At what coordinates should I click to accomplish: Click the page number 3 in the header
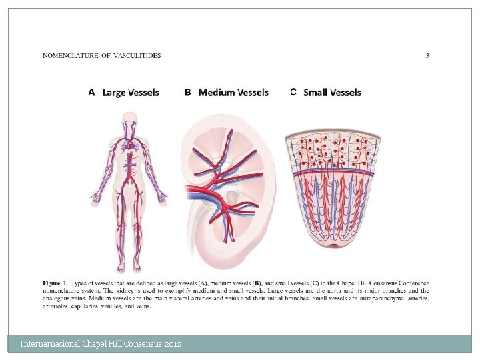(x=427, y=56)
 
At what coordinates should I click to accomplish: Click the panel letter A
(x=91, y=93)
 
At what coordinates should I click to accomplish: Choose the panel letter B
(x=187, y=93)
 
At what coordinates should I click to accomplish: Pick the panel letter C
(x=293, y=93)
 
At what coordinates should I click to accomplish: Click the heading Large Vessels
(x=131, y=93)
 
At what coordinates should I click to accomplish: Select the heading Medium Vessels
(x=233, y=93)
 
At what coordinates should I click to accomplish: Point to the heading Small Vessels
(x=332, y=93)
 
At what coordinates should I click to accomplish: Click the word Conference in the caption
(x=411, y=283)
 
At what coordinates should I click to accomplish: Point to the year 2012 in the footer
(x=173, y=344)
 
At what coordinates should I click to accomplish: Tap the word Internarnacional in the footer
(x=50, y=344)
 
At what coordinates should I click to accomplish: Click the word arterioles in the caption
(x=57, y=307)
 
